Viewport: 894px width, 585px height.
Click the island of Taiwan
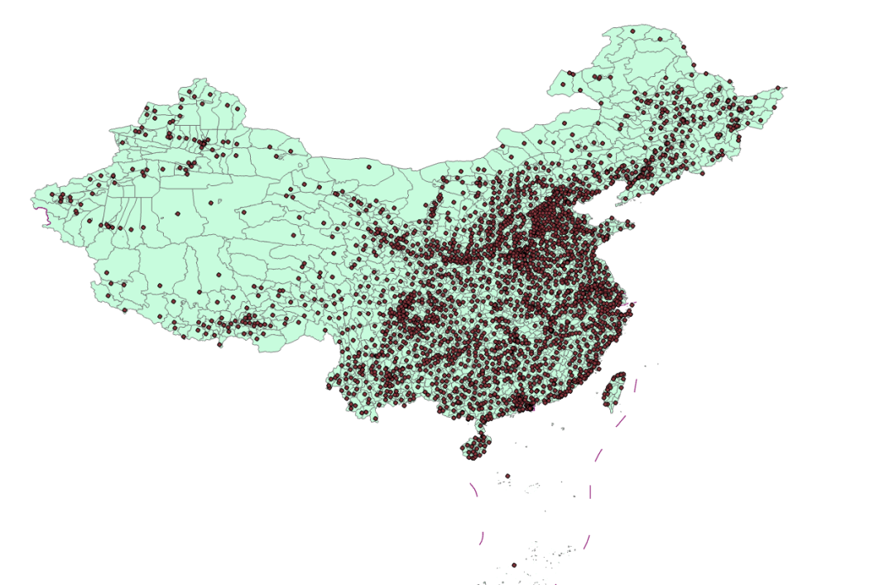coord(614,391)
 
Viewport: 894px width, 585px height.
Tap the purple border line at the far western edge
coord(44,216)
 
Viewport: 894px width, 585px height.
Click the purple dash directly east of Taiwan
coord(635,385)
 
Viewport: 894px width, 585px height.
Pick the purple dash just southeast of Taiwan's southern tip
coord(621,421)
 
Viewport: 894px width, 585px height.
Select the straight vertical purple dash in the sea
coord(590,491)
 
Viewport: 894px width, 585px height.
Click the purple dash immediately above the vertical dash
coord(598,455)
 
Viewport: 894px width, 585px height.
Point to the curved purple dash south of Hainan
coord(473,489)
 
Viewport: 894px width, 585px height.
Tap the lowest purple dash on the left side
coord(481,539)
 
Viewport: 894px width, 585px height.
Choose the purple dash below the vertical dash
coord(587,541)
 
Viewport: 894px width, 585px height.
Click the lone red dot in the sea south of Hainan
coord(507,476)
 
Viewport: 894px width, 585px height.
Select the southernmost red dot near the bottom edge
coord(514,565)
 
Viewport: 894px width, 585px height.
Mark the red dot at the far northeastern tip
coord(778,88)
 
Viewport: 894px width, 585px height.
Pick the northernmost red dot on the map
coord(632,31)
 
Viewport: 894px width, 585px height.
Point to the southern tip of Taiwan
coord(613,410)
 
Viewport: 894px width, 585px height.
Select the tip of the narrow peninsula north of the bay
coord(617,197)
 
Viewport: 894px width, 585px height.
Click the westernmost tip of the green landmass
coord(32,199)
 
